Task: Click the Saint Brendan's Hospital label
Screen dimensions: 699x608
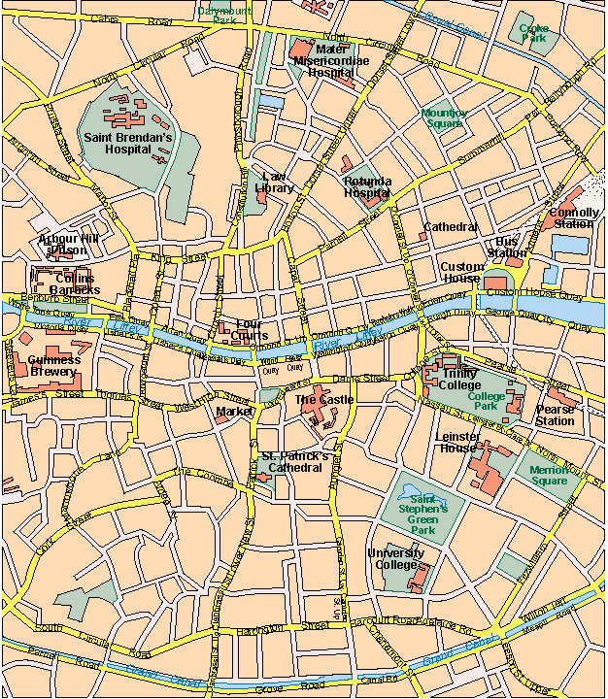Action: click(127, 145)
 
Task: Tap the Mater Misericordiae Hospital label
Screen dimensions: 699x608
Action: click(324, 60)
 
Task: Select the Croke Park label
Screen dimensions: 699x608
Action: click(534, 35)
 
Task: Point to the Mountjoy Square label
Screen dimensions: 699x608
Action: click(445, 118)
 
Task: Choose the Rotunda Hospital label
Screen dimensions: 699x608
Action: click(367, 186)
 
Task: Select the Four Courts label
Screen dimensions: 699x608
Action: click(251, 330)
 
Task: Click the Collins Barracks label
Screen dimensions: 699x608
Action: click(69, 283)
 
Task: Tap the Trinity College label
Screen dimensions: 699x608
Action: click(460, 379)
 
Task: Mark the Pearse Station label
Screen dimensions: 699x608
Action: click(556, 416)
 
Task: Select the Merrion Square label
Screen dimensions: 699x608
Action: click(550, 476)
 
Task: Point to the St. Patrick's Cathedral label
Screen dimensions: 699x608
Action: click(295, 461)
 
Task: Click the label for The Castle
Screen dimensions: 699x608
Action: click(323, 399)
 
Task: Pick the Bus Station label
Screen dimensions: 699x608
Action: click(507, 247)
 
